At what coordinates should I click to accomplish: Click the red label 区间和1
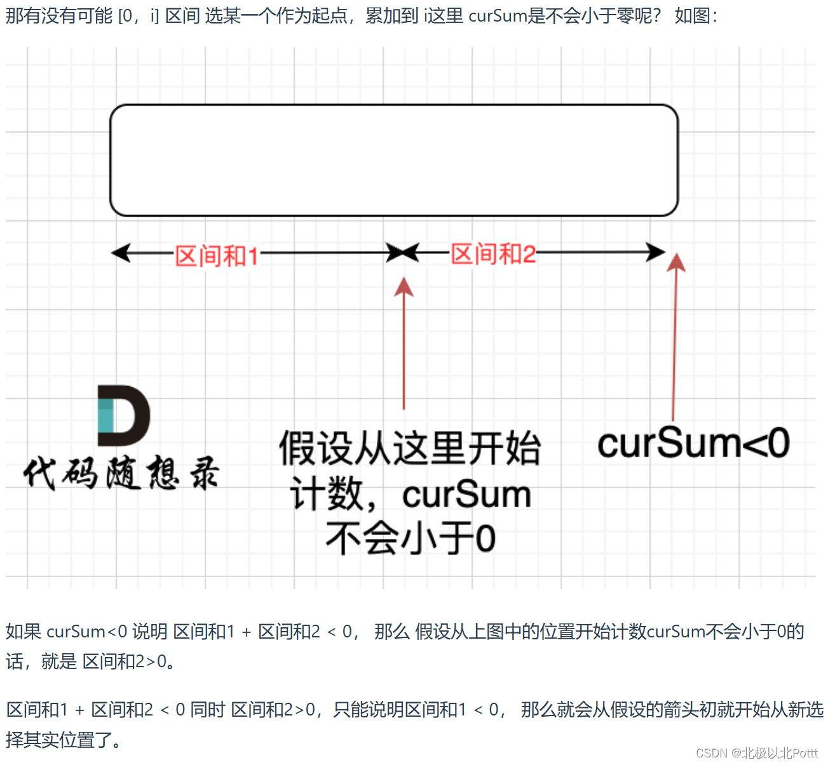tap(217, 256)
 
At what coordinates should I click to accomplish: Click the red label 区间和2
tap(493, 255)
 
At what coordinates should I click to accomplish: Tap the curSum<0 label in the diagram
tap(693, 443)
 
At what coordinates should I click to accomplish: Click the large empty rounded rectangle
tap(394, 161)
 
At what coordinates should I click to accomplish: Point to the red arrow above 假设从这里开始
tap(404, 343)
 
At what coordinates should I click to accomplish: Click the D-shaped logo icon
tap(123, 415)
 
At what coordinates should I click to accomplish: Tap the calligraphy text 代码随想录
tap(121, 473)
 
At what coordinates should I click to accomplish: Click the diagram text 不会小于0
tap(411, 538)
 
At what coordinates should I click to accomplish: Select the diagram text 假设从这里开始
tap(410, 448)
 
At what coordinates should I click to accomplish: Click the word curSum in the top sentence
tap(498, 15)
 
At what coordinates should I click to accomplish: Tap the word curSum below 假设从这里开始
tap(466, 495)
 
